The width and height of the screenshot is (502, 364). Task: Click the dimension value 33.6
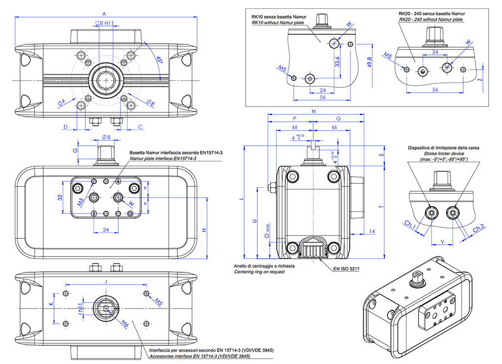337,63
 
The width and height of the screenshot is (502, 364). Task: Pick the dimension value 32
59,197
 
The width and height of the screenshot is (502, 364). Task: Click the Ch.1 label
410,227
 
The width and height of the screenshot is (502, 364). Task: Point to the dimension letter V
442,241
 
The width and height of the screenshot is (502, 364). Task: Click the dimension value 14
372,231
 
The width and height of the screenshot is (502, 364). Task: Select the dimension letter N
314,112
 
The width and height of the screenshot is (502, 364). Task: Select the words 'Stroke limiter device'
443,154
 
